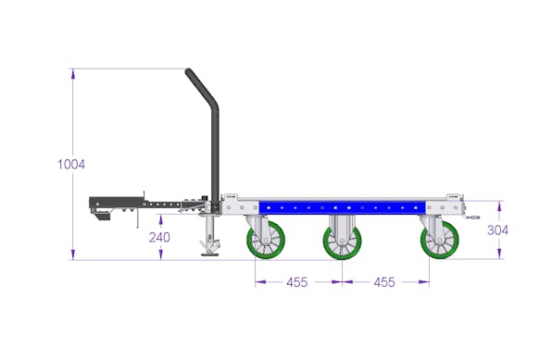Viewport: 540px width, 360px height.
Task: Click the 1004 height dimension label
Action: point(71,165)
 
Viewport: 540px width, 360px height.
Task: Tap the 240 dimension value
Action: point(159,237)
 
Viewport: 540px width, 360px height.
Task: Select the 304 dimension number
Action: point(497,230)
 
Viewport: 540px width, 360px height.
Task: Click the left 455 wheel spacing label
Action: point(297,282)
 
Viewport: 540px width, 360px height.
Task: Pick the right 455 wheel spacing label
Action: point(384,282)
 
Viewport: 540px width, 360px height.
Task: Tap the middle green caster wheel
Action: point(342,242)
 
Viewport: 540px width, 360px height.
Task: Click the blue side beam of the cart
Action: point(343,207)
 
